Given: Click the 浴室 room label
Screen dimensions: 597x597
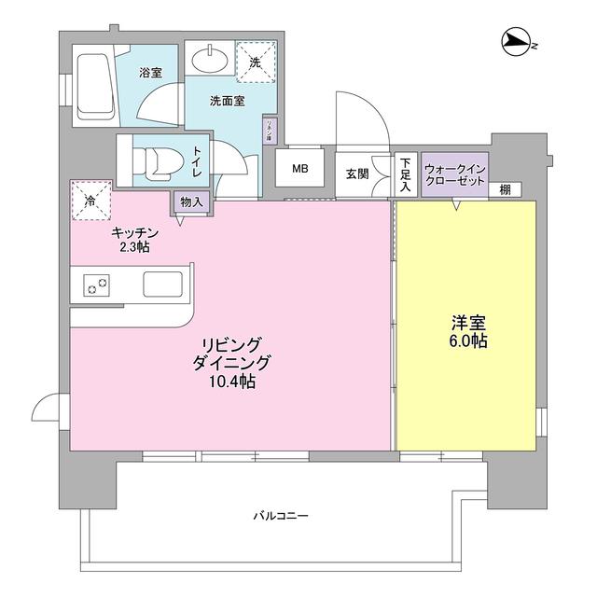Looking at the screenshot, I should click(x=151, y=72).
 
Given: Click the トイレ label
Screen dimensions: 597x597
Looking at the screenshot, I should click(x=198, y=165).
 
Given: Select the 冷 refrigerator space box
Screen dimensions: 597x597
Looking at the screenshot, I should click(x=91, y=200).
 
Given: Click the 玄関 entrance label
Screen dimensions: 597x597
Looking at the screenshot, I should click(x=356, y=174).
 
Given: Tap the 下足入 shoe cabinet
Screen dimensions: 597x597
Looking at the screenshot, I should click(x=405, y=174).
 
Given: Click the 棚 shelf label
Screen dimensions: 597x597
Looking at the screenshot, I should click(x=504, y=189).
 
